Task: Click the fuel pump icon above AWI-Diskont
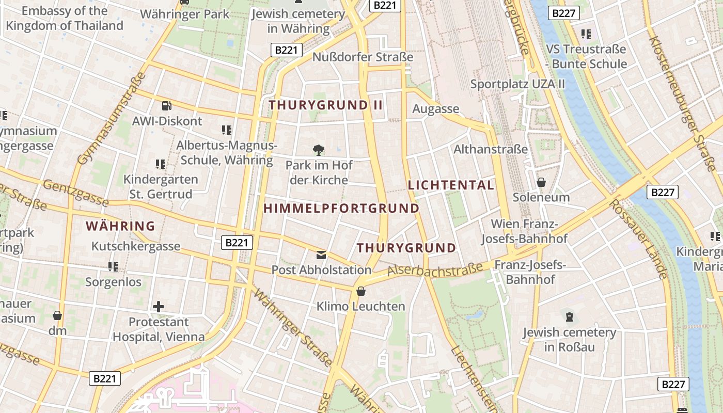pyautogui.click(x=166, y=106)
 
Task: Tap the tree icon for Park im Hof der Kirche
pyautogui.click(x=319, y=150)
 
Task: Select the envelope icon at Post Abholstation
pyautogui.click(x=321, y=255)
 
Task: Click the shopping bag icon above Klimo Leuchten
pyautogui.click(x=361, y=292)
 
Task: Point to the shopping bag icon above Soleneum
pyautogui.click(x=541, y=182)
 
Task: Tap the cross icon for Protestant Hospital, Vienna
pyautogui.click(x=159, y=307)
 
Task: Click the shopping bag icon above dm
pyautogui.click(x=57, y=315)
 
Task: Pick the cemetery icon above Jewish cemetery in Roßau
pyautogui.click(x=570, y=316)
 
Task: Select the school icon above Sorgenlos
pyautogui.click(x=113, y=267)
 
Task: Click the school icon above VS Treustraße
pyautogui.click(x=586, y=34)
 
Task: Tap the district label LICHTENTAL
pyautogui.click(x=451, y=185)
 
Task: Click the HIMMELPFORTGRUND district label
pyautogui.click(x=341, y=209)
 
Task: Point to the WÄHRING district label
pyautogui.click(x=120, y=226)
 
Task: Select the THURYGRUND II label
pyautogui.click(x=326, y=105)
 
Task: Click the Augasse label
pyautogui.click(x=435, y=109)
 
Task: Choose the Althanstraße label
pyautogui.click(x=491, y=150)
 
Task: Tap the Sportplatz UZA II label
pyautogui.click(x=517, y=84)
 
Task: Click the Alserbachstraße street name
pyautogui.click(x=435, y=269)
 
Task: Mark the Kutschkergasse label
pyautogui.click(x=136, y=246)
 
